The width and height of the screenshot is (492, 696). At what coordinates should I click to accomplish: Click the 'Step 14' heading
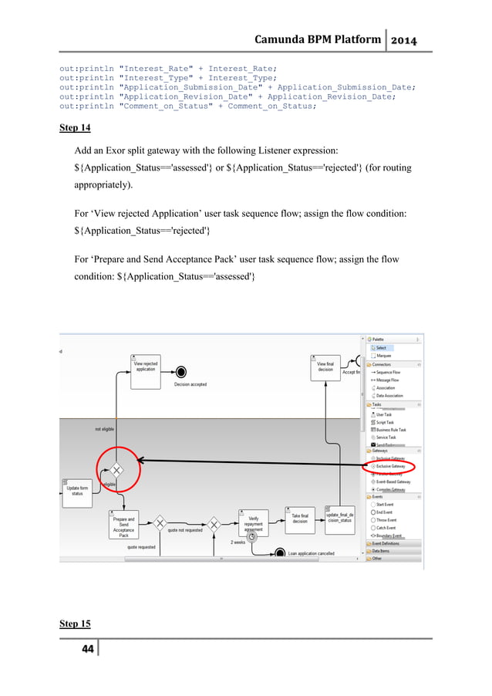75,128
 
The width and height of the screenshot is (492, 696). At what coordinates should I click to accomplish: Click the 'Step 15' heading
75,623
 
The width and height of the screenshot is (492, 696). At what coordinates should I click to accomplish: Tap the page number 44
83,649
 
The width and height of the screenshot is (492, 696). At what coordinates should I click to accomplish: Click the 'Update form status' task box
77,491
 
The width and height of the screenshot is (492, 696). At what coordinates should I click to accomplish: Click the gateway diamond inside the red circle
116,469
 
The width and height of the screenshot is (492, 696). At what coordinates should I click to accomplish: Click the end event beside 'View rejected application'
180,371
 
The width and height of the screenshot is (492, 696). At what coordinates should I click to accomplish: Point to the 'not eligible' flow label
107,428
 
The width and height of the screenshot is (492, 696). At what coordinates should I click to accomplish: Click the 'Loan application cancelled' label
311,553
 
